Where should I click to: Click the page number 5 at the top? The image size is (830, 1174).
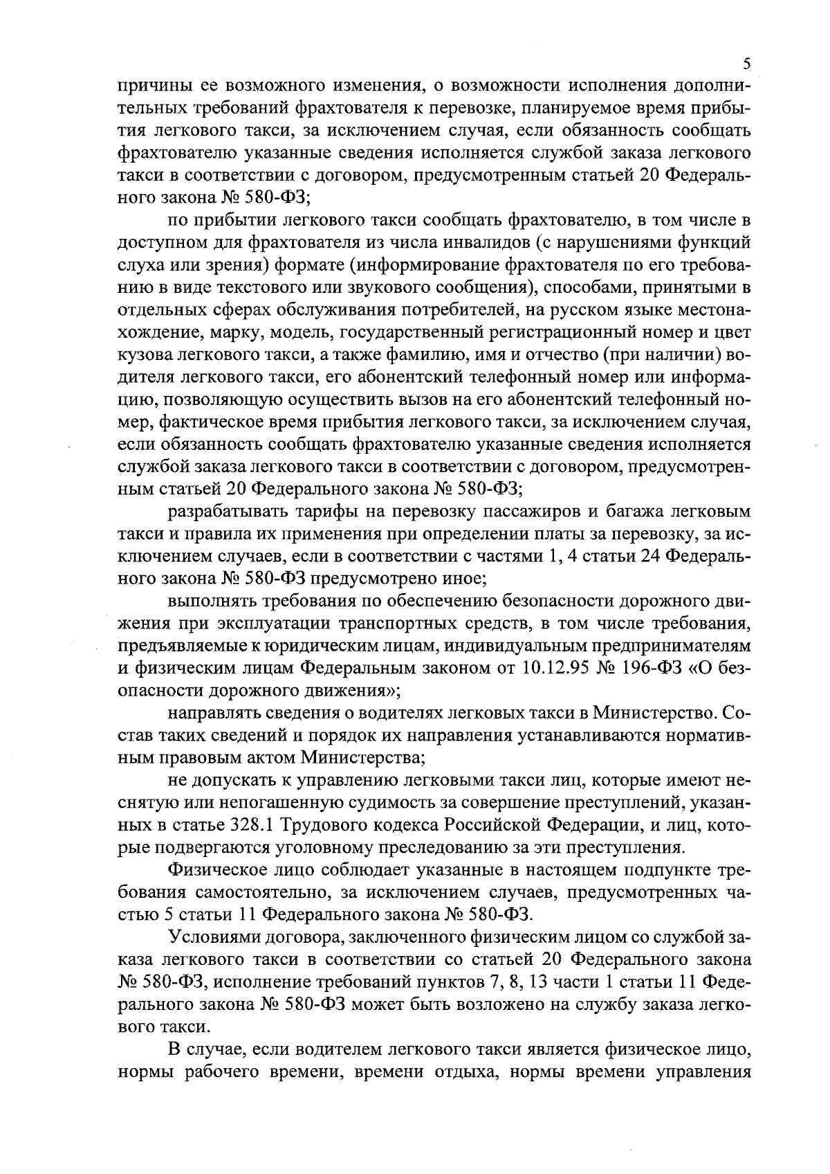point(746,64)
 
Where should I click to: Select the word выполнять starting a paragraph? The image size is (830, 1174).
point(210,601)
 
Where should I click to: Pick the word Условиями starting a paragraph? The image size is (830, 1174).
point(216,937)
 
